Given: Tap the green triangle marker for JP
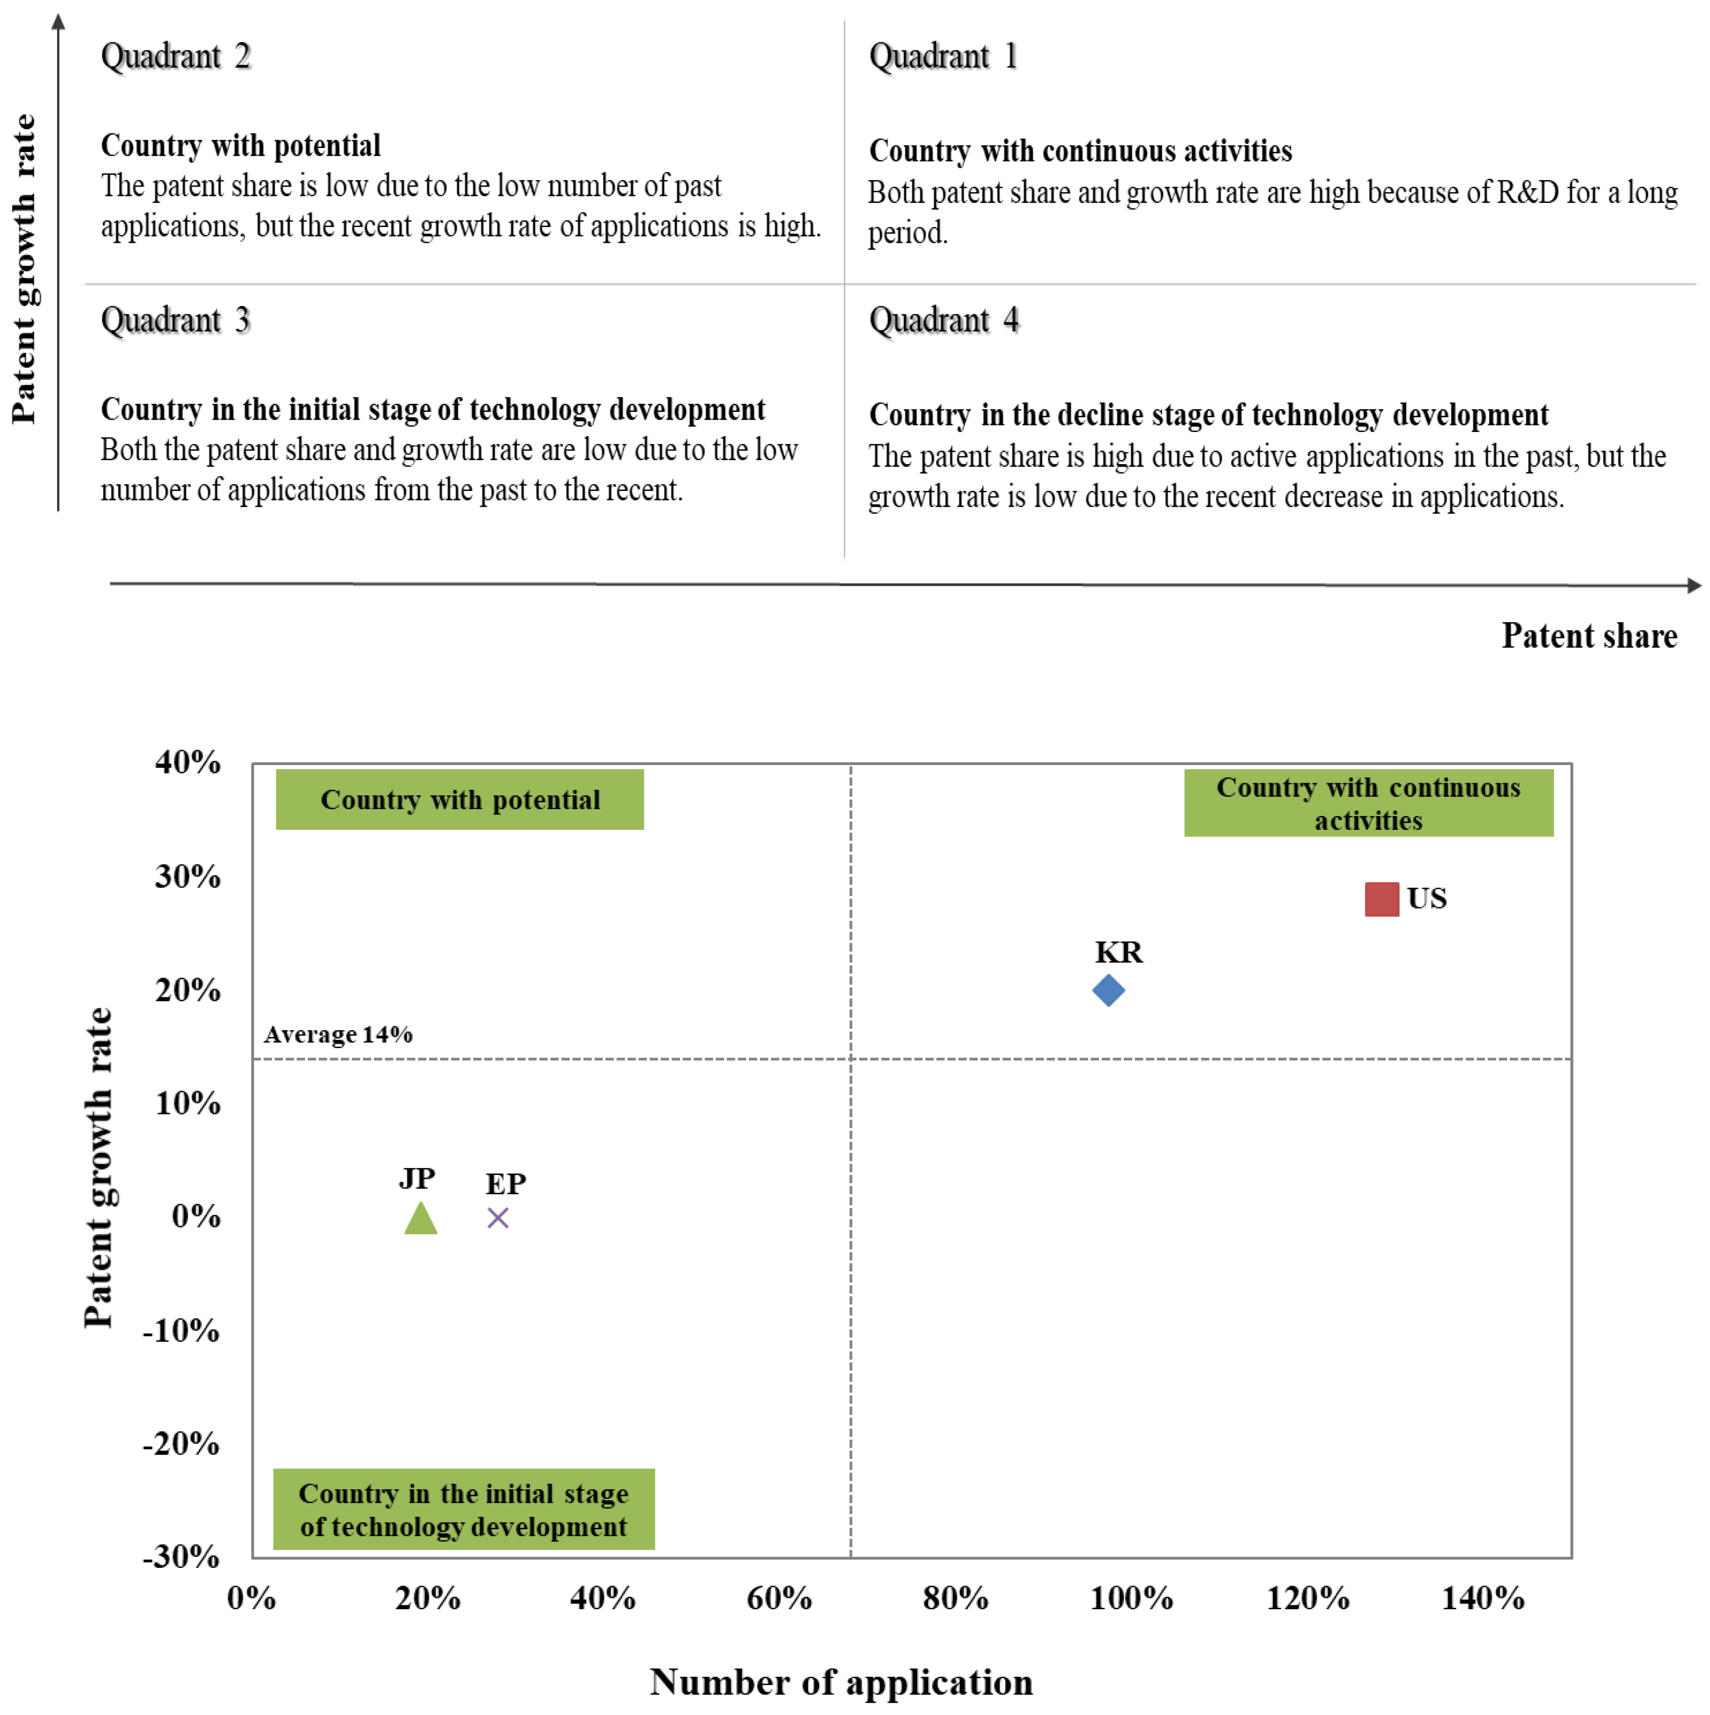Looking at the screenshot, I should pos(421,1219).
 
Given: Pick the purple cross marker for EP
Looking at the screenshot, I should pos(498,1218).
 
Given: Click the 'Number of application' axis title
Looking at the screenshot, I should pos(841,1682).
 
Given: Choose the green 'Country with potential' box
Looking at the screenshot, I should pos(460,800).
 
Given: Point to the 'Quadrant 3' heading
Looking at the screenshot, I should pos(176,320).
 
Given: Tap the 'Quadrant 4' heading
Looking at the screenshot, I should pos(943,320).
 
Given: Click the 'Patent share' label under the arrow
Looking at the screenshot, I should pos(1588,636).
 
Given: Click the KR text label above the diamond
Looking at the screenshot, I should pos(1118,952).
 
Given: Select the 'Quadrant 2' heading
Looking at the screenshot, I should pos(176,56).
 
